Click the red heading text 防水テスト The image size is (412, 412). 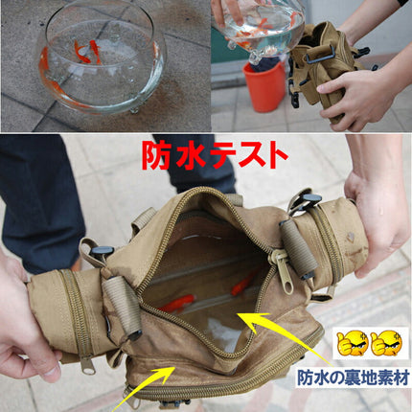tap(215, 155)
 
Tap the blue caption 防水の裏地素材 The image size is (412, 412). tap(354, 378)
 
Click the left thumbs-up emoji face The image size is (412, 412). tap(353, 344)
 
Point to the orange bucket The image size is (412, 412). tap(263, 86)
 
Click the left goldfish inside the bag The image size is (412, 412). tap(176, 304)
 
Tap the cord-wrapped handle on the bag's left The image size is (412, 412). tap(123, 307)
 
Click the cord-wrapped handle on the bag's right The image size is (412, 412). tap(298, 248)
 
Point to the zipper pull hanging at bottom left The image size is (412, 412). tap(87, 365)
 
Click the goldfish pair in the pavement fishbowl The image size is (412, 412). tap(87, 51)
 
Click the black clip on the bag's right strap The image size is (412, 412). tap(305, 200)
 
